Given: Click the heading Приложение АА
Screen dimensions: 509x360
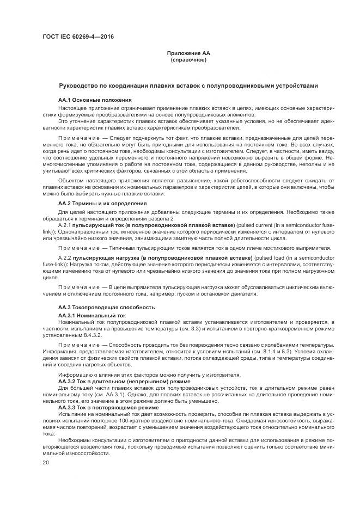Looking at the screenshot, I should coord(188,53).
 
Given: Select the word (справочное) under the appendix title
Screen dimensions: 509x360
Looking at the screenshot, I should coord(188,59).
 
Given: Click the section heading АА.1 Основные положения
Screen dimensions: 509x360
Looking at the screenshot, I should coord(95,100).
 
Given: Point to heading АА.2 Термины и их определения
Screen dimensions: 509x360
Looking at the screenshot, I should coord(102,203).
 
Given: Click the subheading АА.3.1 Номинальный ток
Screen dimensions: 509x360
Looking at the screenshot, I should coord(91,315).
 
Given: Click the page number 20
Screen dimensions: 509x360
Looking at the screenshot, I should coord(45,463).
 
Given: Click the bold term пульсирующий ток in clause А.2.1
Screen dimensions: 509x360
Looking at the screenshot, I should coord(98,225).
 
